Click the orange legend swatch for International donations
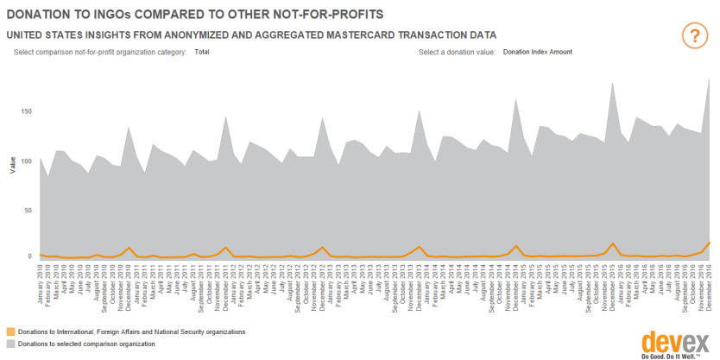pyautogui.click(x=10, y=331)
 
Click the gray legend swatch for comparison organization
pyautogui.click(x=10, y=344)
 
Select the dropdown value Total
pyautogui.click(x=202, y=52)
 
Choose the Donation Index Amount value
pyautogui.click(x=537, y=52)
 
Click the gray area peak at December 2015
pyautogui.click(x=612, y=84)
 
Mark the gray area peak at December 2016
pyautogui.click(x=710, y=79)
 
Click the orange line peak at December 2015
pyautogui.click(x=612, y=243)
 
